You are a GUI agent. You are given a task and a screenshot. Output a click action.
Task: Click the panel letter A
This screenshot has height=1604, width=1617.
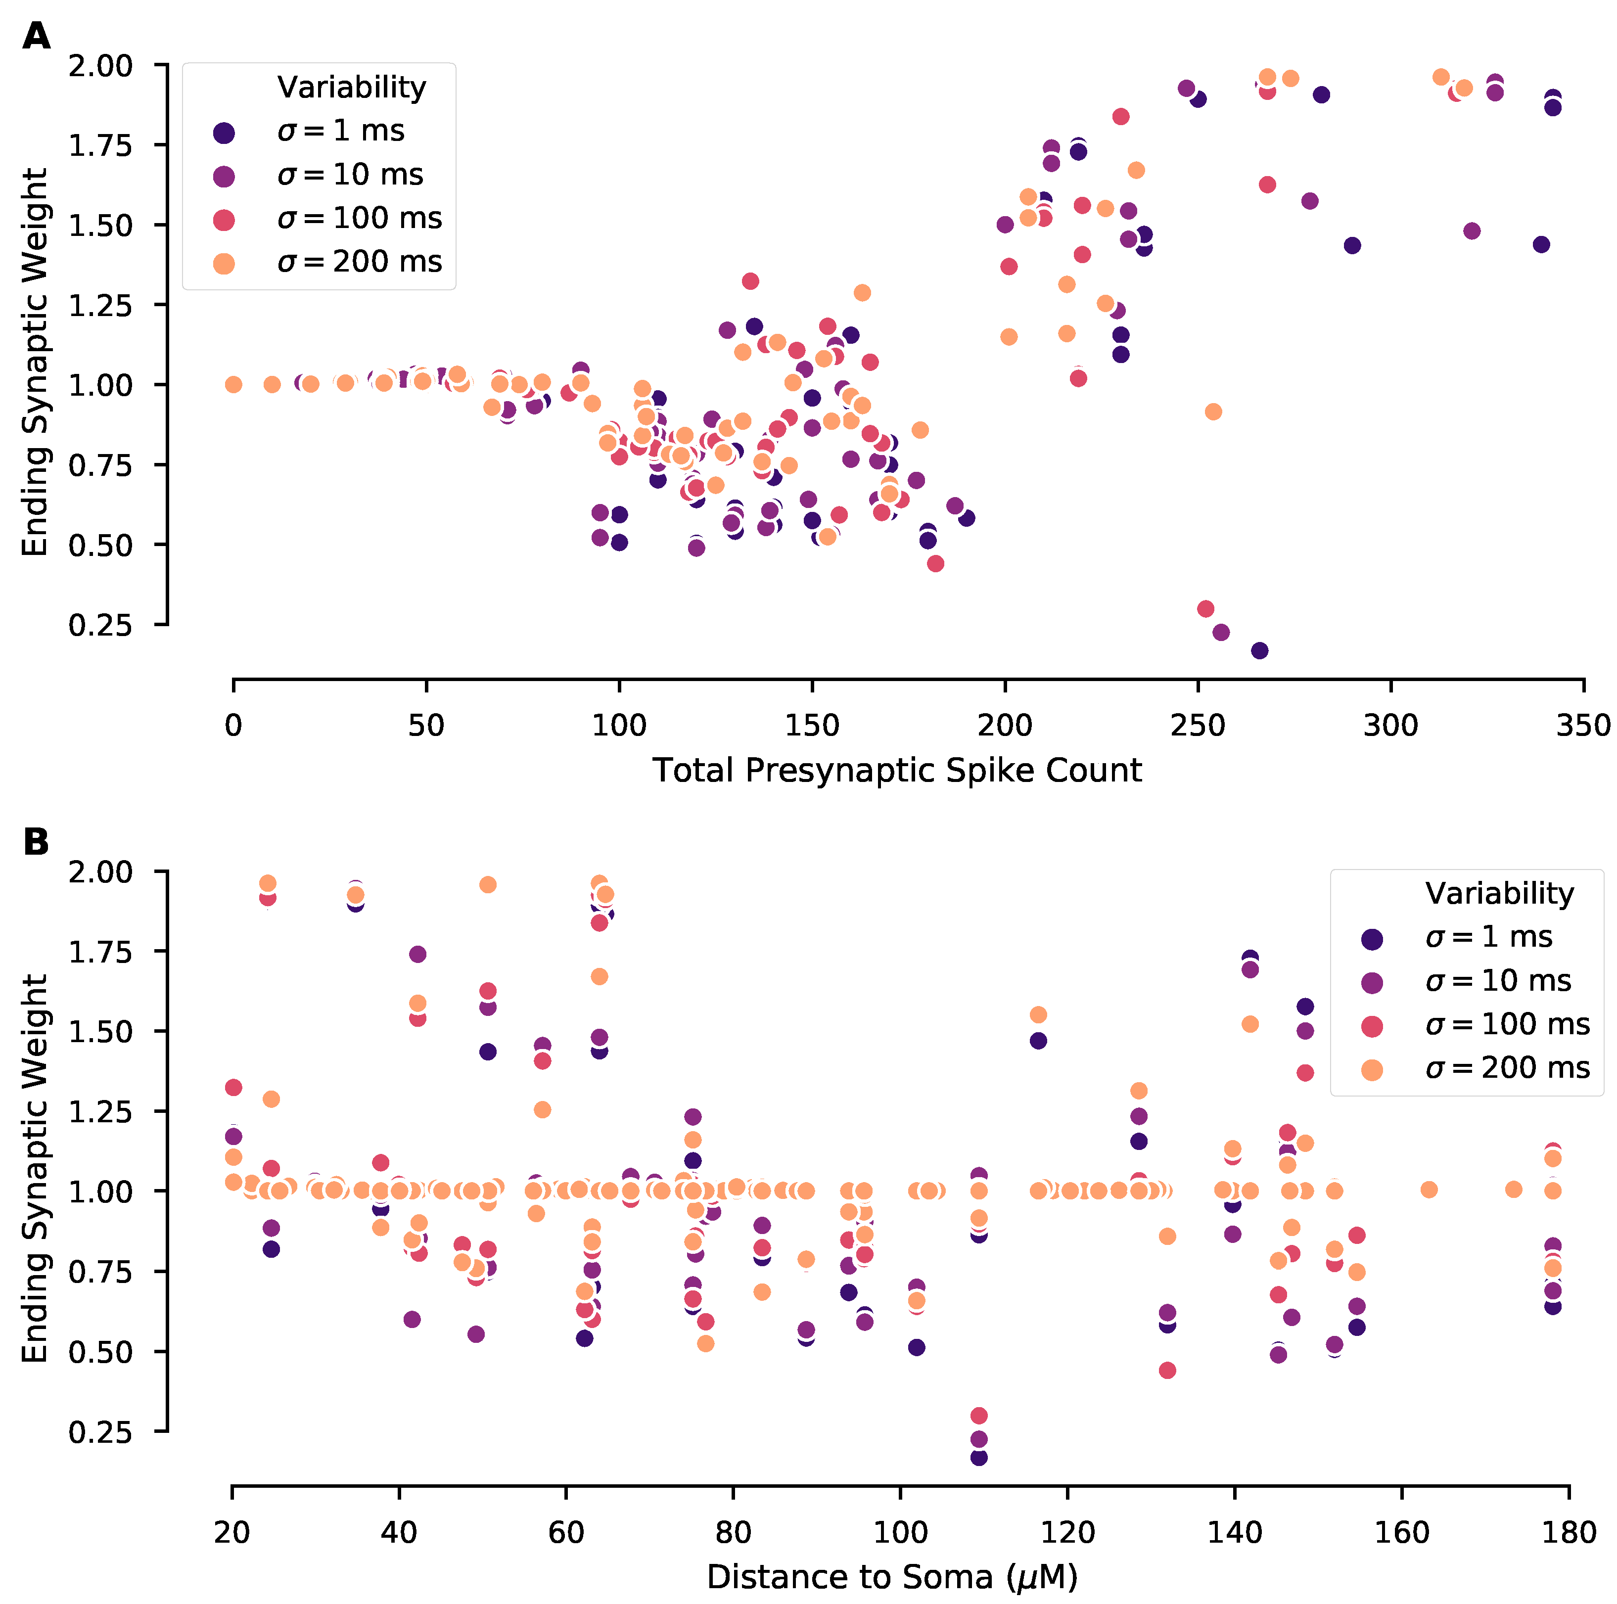(36, 37)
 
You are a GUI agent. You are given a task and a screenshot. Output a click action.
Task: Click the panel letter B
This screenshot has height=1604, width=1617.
(36, 842)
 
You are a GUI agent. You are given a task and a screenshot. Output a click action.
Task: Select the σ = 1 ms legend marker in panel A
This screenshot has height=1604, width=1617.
(224, 132)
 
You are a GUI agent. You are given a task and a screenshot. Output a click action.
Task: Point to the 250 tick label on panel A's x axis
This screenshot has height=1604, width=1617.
(1198, 725)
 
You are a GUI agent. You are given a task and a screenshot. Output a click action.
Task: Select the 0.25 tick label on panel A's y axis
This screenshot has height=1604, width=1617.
(100, 625)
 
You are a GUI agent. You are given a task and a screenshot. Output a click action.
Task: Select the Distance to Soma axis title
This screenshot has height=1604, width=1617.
(892, 1577)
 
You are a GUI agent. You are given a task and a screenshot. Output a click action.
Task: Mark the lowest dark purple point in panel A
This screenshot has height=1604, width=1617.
(1259, 650)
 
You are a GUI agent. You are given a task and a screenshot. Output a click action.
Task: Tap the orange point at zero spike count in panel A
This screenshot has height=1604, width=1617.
(233, 384)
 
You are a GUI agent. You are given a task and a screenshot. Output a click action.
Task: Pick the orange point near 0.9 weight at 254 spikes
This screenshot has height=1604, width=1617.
(1213, 412)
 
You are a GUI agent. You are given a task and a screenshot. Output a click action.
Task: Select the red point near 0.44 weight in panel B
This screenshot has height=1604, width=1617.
(1167, 1370)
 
